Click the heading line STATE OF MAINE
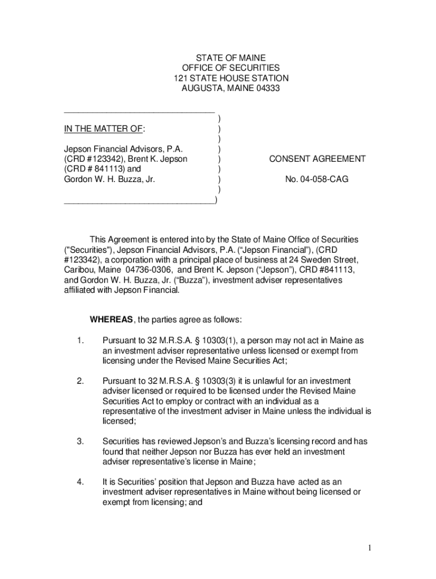[230, 58]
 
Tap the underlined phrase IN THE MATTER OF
[104, 129]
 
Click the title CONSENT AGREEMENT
[317, 159]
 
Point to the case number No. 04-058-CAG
[317, 179]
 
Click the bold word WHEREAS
[112, 319]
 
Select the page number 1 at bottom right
[368, 547]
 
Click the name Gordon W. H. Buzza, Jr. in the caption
[110, 179]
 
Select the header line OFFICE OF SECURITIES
[230, 68]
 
